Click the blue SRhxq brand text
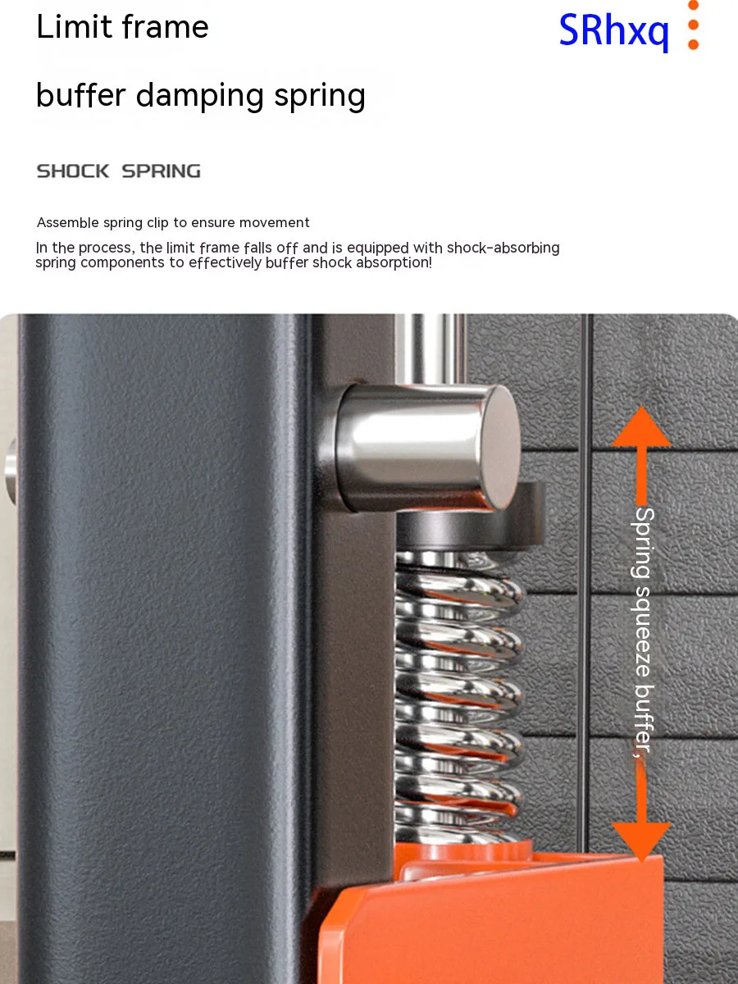[x=613, y=31]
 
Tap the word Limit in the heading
[x=74, y=26]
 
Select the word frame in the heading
[x=165, y=26]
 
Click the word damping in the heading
[x=199, y=95]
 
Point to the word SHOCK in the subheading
[x=73, y=171]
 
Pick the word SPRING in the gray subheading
[x=162, y=171]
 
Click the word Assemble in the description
[x=68, y=222]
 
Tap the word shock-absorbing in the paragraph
[x=503, y=248]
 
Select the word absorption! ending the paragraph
[x=394, y=262]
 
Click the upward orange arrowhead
[x=642, y=426]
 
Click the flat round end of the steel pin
[x=499, y=448]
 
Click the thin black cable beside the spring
[x=585, y=583]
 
